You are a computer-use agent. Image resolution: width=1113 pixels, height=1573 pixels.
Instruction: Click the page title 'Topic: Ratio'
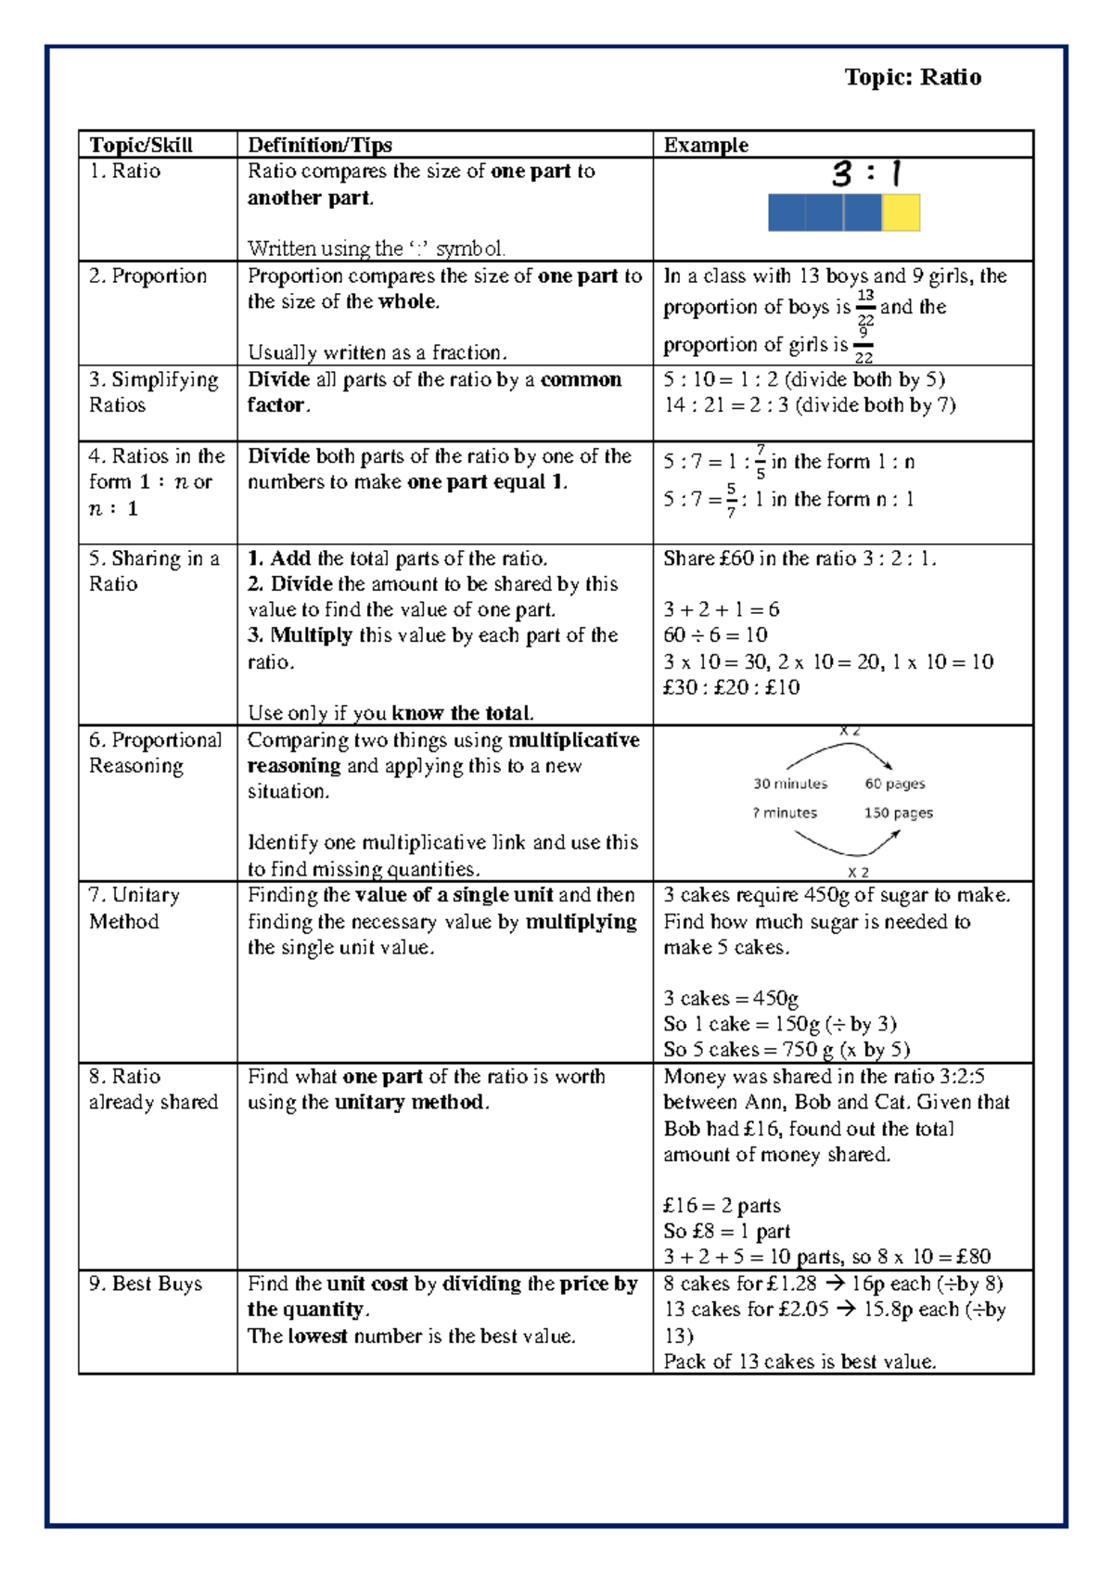(913, 77)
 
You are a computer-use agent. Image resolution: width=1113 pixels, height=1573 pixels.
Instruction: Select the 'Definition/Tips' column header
(320, 145)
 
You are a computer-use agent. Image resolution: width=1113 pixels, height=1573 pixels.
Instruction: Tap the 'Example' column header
(706, 145)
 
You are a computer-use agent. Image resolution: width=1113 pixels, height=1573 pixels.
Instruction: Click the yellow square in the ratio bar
(901, 212)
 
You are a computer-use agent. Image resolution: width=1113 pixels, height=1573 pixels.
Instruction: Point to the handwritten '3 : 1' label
(867, 173)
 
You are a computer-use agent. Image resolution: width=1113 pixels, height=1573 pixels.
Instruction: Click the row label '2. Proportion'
(147, 275)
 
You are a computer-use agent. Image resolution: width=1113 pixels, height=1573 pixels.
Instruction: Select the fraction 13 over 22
(864, 307)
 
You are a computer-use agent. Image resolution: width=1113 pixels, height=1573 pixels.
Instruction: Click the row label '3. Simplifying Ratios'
(153, 392)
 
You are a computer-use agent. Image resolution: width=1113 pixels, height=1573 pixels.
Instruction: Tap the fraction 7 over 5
(761, 461)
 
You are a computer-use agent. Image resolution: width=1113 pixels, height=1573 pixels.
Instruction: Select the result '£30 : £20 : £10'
(731, 687)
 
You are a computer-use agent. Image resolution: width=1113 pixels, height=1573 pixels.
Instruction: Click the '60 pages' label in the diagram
(895, 784)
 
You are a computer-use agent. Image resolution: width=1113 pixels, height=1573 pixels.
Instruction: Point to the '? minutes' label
(785, 812)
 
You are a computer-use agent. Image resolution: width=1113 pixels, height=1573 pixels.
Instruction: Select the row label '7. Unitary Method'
(134, 908)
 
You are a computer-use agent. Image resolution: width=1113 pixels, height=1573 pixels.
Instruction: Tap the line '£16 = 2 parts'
(722, 1206)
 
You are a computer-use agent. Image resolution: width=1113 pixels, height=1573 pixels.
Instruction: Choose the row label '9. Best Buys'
(145, 1284)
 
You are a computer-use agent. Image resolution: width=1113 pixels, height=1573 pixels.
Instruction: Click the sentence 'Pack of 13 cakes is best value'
(800, 1362)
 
